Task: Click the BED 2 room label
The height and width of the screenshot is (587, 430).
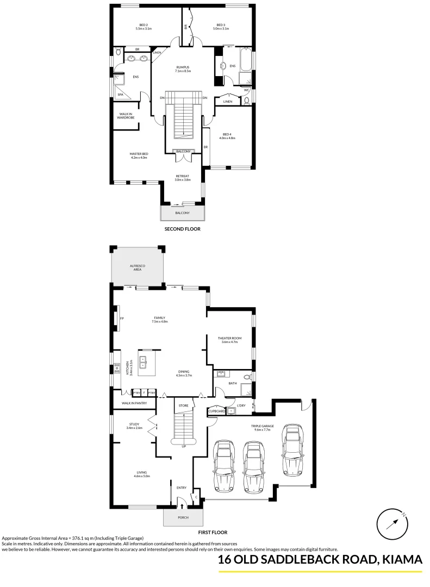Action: click(x=144, y=25)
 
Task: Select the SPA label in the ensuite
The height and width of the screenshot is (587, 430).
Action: click(x=120, y=95)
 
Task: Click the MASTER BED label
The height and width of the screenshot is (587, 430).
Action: click(x=139, y=154)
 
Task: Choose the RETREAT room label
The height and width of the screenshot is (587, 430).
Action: click(x=182, y=176)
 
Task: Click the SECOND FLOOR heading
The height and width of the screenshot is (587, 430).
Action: click(x=183, y=229)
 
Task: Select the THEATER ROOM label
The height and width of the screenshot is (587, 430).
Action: click(x=229, y=338)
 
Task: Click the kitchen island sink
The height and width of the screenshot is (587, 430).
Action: click(x=144, y=361)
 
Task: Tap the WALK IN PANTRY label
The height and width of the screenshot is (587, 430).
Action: click(x=134, y=403)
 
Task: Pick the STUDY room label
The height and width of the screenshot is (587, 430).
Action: click(x=134, y=424)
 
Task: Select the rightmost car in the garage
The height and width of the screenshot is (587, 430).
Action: click(x=292, y=449)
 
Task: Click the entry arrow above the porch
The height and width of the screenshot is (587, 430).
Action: click(x=183, y=505)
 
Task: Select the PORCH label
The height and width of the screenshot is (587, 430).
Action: click(x=183, y=517)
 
